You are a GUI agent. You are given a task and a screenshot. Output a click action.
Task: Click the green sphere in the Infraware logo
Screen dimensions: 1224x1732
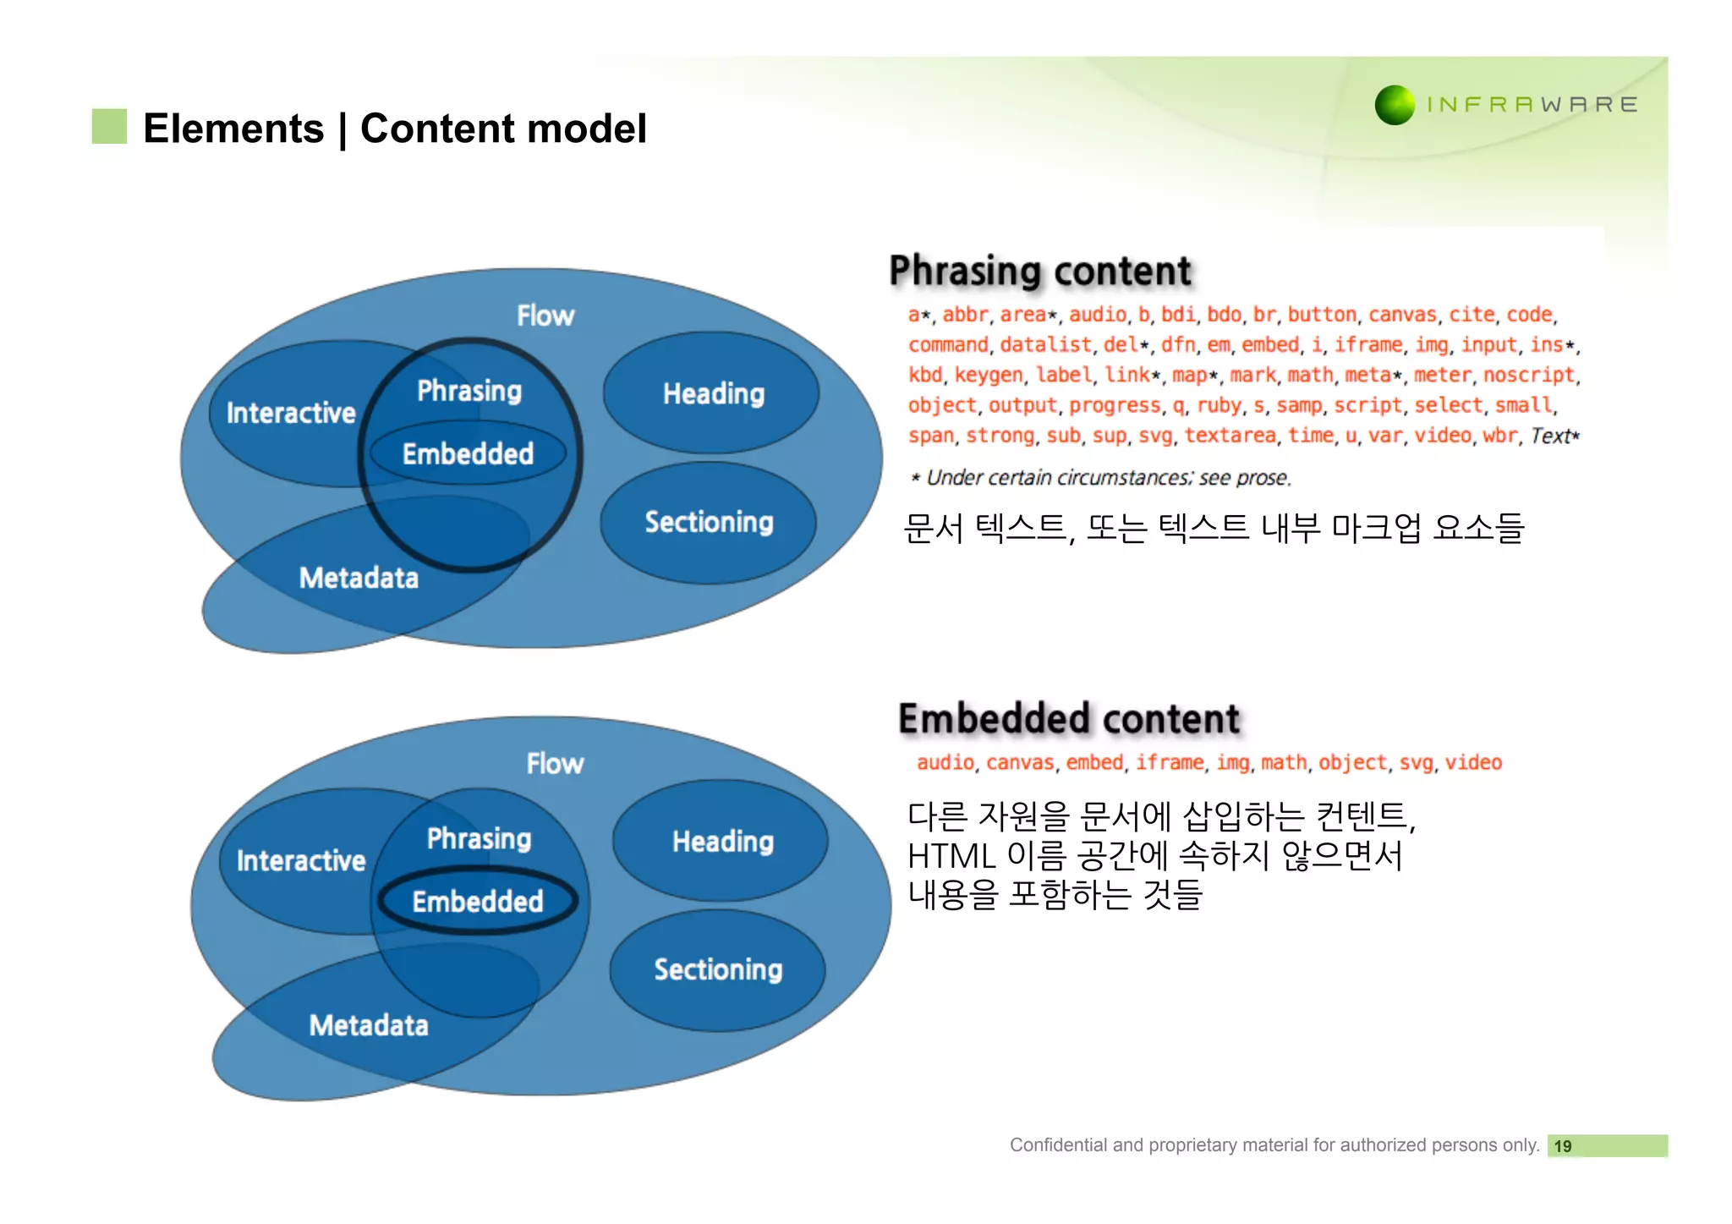[x=1394, y=105]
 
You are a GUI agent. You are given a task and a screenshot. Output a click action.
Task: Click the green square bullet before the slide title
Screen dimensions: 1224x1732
[x=109, y=127]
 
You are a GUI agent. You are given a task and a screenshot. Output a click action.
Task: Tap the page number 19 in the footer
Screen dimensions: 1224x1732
[x=1562, y=1146]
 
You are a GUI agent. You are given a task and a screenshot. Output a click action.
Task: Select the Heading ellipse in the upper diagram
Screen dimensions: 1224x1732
[x=713, y=393]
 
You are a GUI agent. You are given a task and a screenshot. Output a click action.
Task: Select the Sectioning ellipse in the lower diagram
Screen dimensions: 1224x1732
[x=718, y=969]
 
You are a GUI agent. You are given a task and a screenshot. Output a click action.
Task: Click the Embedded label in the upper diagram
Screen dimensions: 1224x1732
[x=468, y=454]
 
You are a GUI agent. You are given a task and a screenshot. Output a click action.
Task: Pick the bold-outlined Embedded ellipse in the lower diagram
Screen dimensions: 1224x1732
[x=478, y=902]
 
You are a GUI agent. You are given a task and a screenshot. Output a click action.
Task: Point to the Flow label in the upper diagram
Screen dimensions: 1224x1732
[x=545, y=316]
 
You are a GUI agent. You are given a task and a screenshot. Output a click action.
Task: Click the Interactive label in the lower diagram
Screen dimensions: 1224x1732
[x=300, y=861]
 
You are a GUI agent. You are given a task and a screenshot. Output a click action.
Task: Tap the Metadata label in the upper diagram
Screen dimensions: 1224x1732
[x=359, y=579]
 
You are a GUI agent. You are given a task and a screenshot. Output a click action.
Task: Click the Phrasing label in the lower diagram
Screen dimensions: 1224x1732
[x=479, y=838]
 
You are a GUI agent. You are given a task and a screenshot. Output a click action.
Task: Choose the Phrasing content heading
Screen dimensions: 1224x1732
[x=1039, y=272]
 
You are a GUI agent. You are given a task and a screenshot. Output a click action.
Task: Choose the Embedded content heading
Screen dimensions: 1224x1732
[x=1068, y=719]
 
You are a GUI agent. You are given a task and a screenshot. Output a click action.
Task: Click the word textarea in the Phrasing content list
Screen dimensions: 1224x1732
[x=1230, y=436]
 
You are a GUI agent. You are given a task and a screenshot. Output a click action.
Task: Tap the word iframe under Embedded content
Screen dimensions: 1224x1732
[x=1169, y=763]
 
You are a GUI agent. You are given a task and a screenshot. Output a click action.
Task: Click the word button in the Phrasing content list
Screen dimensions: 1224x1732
[x=1322, y=315]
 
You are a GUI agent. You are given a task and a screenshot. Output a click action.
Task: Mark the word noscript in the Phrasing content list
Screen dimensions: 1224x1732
[x=1528, y=375]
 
